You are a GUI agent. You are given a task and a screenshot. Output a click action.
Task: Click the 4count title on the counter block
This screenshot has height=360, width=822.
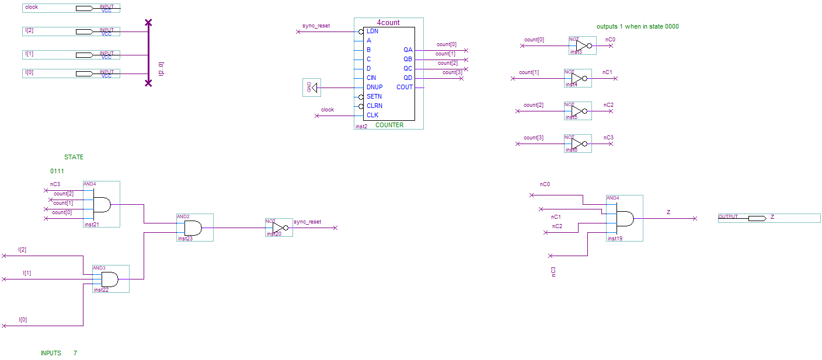pyautogui.click(x=388, y=23)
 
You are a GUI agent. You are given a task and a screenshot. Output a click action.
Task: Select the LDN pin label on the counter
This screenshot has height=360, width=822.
pyautogui.click(x=372, y=31)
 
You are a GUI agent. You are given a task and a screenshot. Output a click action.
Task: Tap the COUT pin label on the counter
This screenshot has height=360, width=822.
pyautogui.click(x=405, y=87)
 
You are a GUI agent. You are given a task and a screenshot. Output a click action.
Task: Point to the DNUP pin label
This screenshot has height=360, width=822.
pyautogui.click(x=374, y=87)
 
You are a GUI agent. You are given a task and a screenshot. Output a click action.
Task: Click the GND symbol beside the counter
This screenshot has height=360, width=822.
pyautogui.click(x=312, y=88)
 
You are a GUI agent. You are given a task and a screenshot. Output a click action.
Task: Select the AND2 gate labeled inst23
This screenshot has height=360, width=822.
pyautogui.click(x=193, y=228)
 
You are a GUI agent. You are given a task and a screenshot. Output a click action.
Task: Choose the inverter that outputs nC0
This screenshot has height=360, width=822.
pyautogui.click(x=582, y=46)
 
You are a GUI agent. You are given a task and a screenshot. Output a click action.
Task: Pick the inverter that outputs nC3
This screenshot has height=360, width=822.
pyautogui.click(x=577, y=144)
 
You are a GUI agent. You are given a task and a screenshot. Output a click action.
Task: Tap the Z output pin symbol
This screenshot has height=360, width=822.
pyautogui.click(x=757, y=218)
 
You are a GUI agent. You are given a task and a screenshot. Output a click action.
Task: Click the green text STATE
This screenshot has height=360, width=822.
pyautogui.click(x=74, y=157)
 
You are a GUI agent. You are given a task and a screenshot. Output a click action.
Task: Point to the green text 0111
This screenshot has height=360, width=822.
pyautogui.click(x=57, y=171)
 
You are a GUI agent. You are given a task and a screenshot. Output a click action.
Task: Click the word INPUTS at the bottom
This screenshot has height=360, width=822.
pyautogui.click(x=51, y=353)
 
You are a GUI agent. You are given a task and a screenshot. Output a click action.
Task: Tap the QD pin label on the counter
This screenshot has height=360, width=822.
pyautogui.click(x=407, y=78)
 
